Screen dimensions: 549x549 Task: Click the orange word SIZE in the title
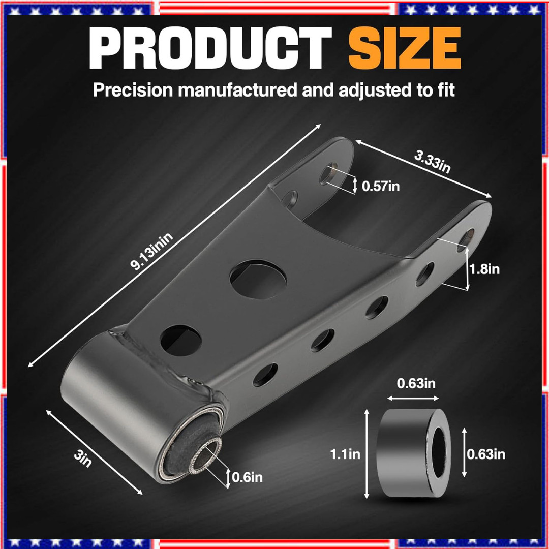(x=405, y=48)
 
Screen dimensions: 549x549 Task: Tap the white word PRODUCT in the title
(x=210, y=48)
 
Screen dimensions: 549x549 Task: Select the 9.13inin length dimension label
(x=151, y=251)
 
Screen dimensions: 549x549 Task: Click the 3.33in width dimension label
(x=432, y=162)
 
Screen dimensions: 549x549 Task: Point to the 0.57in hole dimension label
(x=381, y=186)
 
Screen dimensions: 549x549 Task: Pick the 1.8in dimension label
(x=484, y=269)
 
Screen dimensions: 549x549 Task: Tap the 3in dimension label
(x=83, y=459)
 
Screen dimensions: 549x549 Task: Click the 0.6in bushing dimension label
(x=247, y=477)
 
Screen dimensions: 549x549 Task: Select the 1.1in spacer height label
(x=345, y=454)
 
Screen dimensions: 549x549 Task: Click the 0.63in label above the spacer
(x=416, y=383)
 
